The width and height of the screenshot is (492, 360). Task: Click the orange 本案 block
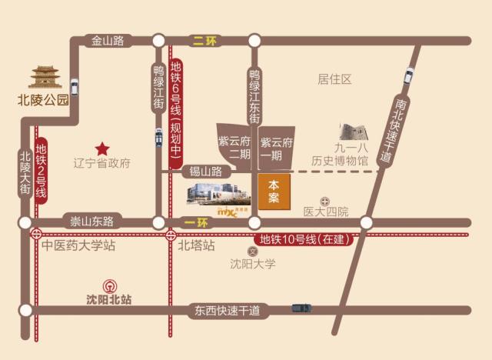pyautogui.click(x=274, y=192)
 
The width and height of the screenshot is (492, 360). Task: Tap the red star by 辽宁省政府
pyautogui.click(x=101, y=148)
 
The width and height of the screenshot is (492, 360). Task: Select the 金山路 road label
pyautogui.click(x=108, y=42)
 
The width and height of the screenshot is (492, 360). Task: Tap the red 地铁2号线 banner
pyautogui.click(x=41, y=173)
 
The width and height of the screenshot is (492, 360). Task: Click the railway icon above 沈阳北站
pyautogui.click(x=108, y=283)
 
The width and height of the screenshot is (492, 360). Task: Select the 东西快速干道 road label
pyautogui.click(x=227, y=310)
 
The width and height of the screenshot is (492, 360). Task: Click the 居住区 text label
pyautogui.click(x=334, y=78)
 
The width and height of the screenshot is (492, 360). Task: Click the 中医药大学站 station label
pyautogui.click(x=78, y=246)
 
